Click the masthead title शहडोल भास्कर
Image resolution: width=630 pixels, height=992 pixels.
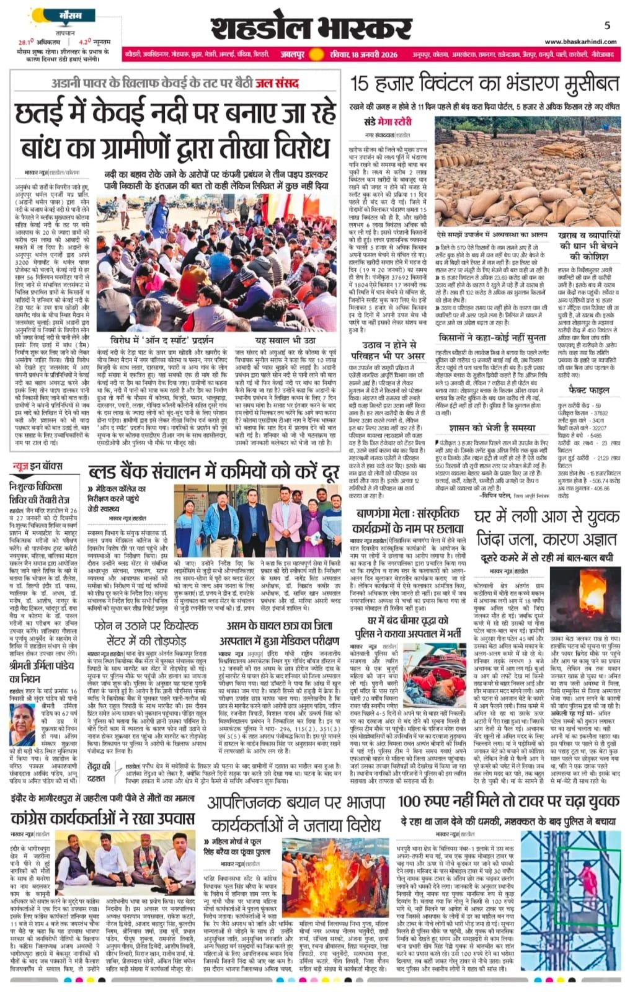click(311, 28)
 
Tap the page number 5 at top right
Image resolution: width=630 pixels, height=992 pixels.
click(607, 25)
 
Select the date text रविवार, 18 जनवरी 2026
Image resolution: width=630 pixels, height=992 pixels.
click(371, 55)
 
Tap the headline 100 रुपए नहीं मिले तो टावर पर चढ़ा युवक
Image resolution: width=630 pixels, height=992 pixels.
click(508, 800)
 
